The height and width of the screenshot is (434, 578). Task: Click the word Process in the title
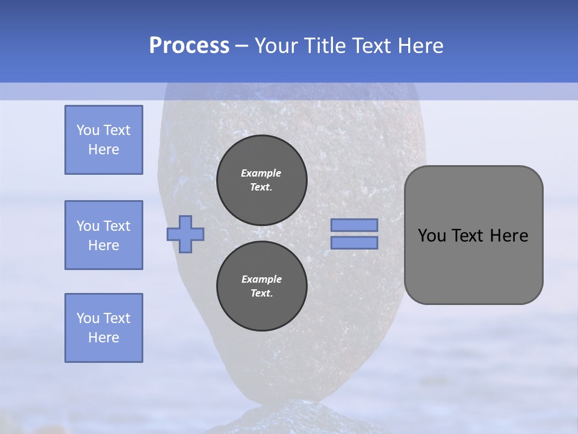click(x=189, y=46)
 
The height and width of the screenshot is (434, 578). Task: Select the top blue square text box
click(x=104, y=140)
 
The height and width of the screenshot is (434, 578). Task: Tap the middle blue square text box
click(x=104, y=235)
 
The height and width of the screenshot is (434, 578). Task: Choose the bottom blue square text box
click(x=104, y=328)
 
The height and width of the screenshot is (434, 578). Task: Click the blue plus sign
click(x=185, y=234)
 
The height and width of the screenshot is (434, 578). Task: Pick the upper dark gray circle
click(x=261, y=180)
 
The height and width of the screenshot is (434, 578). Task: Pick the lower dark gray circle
click(x=261, y=286)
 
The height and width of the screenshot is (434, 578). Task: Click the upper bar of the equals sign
click(x=354, y=225)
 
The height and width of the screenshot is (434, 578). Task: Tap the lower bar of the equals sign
click(x=354, y=242)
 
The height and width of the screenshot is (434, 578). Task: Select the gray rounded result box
click(x=473, y=265)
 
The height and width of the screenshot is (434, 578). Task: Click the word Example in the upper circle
click(x=261, y=173)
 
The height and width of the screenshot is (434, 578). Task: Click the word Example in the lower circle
click(x=261, y=279)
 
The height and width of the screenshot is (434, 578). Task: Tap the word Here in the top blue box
click(x=104, y=149)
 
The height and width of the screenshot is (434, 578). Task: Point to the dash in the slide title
click(x=241, y=46)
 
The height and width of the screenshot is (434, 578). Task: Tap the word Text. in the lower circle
click(x=261, y=294)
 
